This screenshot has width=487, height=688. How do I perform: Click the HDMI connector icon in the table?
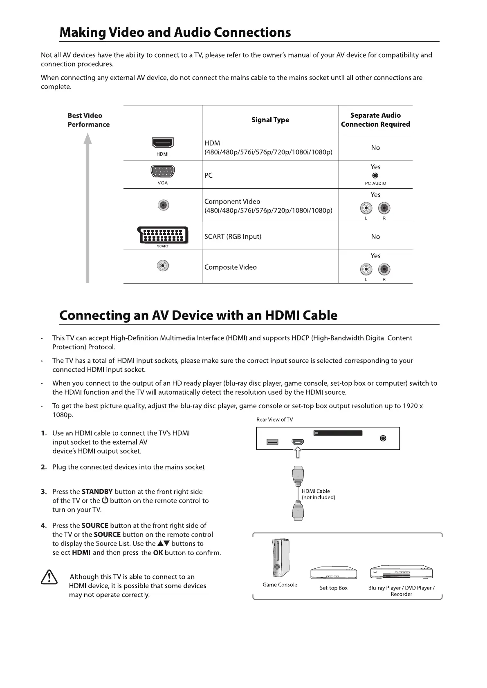163,143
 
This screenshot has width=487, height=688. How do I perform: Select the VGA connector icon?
163,172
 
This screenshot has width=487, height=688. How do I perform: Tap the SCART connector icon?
163,235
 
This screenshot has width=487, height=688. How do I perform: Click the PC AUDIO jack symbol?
375,176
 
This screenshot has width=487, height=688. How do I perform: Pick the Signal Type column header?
270,120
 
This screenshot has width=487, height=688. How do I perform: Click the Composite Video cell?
231,267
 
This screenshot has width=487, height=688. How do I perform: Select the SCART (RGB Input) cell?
233,237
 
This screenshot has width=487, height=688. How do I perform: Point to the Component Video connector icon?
163,205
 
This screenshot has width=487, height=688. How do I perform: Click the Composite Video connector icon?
163,266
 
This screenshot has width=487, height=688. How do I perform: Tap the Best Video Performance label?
88,120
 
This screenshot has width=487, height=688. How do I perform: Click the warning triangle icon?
49,577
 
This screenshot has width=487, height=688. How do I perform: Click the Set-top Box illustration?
333,573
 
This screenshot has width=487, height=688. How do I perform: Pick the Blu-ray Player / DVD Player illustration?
401,573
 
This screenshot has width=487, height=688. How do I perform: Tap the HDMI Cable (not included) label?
318,494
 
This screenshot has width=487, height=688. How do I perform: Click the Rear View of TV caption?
274,420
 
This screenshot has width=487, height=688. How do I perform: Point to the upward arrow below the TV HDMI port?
298,452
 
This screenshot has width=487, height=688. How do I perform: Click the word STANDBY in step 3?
97,492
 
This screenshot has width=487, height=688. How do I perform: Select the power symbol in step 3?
105,500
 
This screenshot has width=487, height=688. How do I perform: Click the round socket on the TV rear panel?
383,438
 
